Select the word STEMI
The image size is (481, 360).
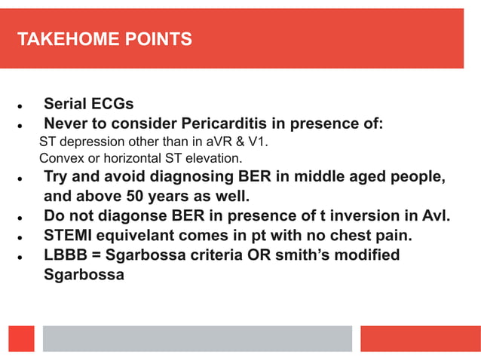pyautogui.click(x=68, y=236)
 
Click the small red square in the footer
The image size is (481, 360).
pyautogui.click(x=22, y=338)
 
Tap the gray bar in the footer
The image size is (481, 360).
pyautogui.click(x=197, y=338)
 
